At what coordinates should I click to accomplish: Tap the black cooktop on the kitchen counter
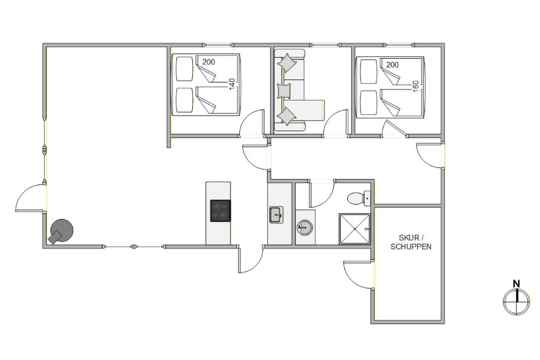pyautogui.click(x=221, y=211)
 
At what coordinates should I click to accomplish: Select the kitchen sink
pyautogui.click(x=276, y=215)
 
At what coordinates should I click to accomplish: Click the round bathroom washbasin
pyautogui.click(x=305, y=228)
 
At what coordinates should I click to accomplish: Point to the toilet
pyautogui.click(x=358, y=199)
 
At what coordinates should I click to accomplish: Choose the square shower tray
pyautogui.click(x=355, y=229)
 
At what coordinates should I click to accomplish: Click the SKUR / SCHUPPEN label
pyautogui.click(x=411, y=242)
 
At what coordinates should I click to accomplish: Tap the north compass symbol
pyautogui.click(x=517, y=301)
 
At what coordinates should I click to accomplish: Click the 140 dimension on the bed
pyautogui.click(x=232, y=84)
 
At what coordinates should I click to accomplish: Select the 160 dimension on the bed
pyautogui.click(x=415, y=86)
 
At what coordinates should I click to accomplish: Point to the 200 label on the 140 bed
pyautogui.click(x=208, y=62)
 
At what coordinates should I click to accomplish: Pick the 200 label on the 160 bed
pyautogui.click(x=393, y=64)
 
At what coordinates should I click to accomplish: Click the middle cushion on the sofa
pyautogui.click(x=284, y=91)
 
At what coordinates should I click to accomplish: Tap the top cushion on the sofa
pyautogui.click(x=287, y=63)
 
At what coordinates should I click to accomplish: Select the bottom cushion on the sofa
pyautogui.click(x=286, y=117)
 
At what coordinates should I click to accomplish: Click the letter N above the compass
pyautogui.click(x=516, y=284)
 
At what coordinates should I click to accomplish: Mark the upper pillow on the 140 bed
pyautogui.click(x=184, y=69)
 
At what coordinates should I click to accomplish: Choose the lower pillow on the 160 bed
pyautogui.click(x=369, y=103)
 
